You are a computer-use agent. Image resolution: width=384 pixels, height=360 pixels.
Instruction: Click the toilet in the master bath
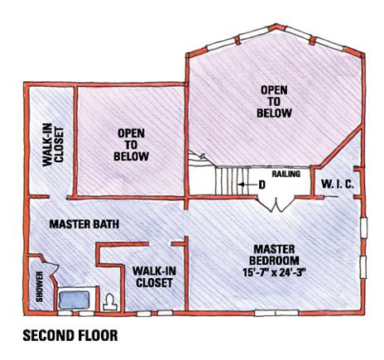(110, 302)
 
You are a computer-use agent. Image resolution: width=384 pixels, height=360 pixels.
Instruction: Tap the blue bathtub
(74, 300)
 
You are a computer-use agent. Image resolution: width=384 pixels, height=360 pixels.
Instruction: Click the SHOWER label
(40, 286)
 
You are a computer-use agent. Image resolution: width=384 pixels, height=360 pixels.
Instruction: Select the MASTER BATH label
(84, 224)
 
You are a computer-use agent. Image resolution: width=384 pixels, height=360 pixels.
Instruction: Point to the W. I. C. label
(337, 184)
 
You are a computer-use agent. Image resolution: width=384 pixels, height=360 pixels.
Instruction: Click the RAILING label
(286, 174)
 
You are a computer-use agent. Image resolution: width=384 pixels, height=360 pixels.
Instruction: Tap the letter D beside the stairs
(262, 185)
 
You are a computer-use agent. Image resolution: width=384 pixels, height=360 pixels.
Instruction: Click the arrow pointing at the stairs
(247, 185)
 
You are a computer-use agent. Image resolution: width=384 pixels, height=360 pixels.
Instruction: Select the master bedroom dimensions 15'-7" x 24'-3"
(275, 272)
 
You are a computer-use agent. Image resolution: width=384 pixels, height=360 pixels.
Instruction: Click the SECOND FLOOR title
(70, 335)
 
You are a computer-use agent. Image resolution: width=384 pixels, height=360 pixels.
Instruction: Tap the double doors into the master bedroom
(275, 204)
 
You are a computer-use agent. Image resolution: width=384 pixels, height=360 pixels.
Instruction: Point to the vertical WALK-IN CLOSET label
(53, 146)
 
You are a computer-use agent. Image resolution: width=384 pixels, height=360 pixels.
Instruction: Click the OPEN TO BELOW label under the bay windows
(274, 102)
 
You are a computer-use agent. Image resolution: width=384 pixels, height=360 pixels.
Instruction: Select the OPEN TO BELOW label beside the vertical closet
(132, 145)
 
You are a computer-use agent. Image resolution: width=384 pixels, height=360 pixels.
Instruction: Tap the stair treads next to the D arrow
(229, 180)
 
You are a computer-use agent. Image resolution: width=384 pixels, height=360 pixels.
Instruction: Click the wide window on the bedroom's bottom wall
(276, 313)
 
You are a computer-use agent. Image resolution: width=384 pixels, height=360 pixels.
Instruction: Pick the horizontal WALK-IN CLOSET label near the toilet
(154, 276)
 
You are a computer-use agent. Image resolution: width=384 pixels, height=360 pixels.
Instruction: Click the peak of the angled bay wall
(276, 26)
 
